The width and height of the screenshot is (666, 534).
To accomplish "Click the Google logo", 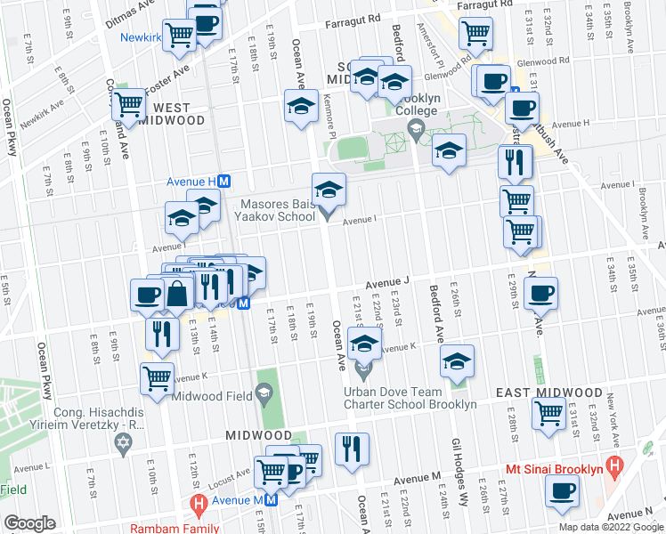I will pyautogui.click(x=29, y=523).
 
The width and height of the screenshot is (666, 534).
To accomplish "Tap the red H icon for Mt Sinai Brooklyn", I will pyautogui.click(x=613, y=465).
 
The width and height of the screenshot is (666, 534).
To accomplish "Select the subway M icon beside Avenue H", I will pyautogui.click(x=225, y=181).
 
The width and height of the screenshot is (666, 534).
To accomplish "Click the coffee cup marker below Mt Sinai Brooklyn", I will pyautogui.click(x=562, y=491).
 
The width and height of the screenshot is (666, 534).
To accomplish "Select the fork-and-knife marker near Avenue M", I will pyautogui.click(x=353, y=447).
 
